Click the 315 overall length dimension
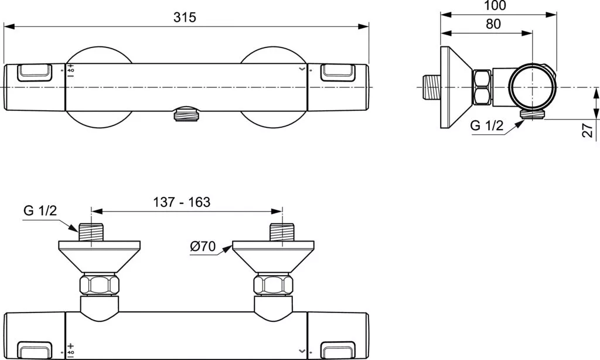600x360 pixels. (x=185, y=17)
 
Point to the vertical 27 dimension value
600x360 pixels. (x=588, y=130)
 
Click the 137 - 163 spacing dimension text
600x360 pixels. (x=181, y=202)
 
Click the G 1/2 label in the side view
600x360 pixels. (x=487, y=125)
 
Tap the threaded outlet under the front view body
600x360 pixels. (x=187, y=114)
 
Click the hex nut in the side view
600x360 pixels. (x=482, y=87)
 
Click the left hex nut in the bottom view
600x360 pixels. (x=100, y=286)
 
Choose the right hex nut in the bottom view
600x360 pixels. (x=274, y=286)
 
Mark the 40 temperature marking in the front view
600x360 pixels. (x=71, y=70)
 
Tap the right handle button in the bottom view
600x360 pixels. (x=338, y=349)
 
